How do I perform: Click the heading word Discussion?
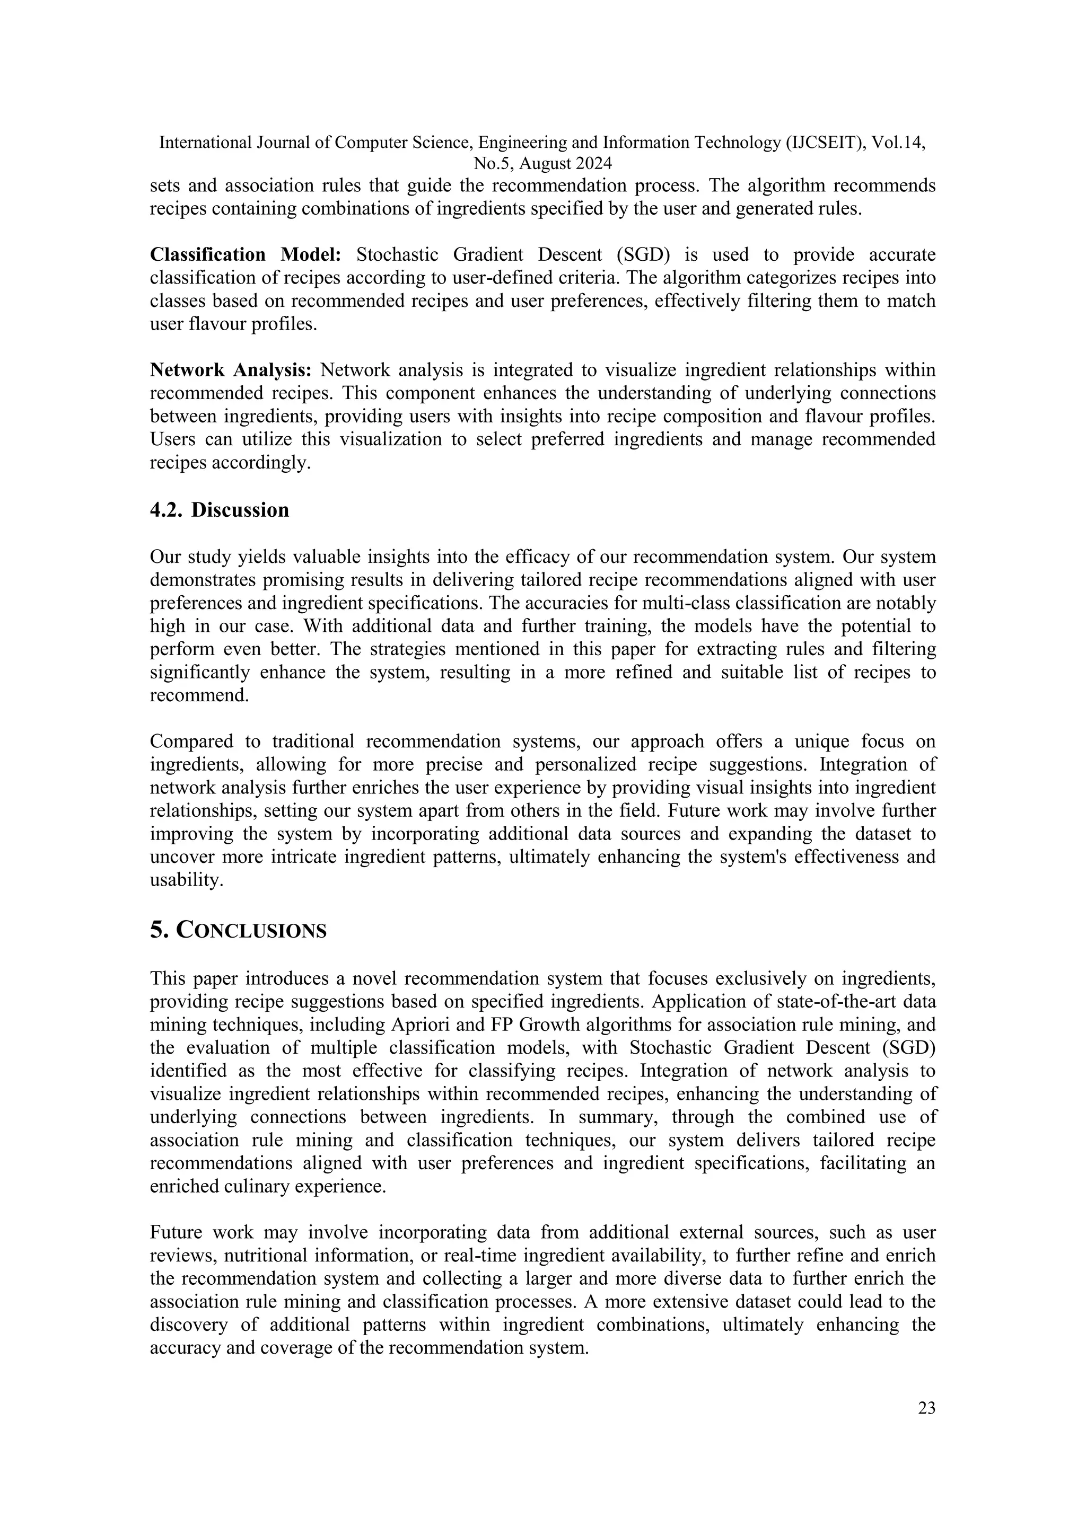pyautogui.click(x=240, y=510)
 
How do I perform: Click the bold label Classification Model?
pyautogui.click(x=246, y=254)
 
